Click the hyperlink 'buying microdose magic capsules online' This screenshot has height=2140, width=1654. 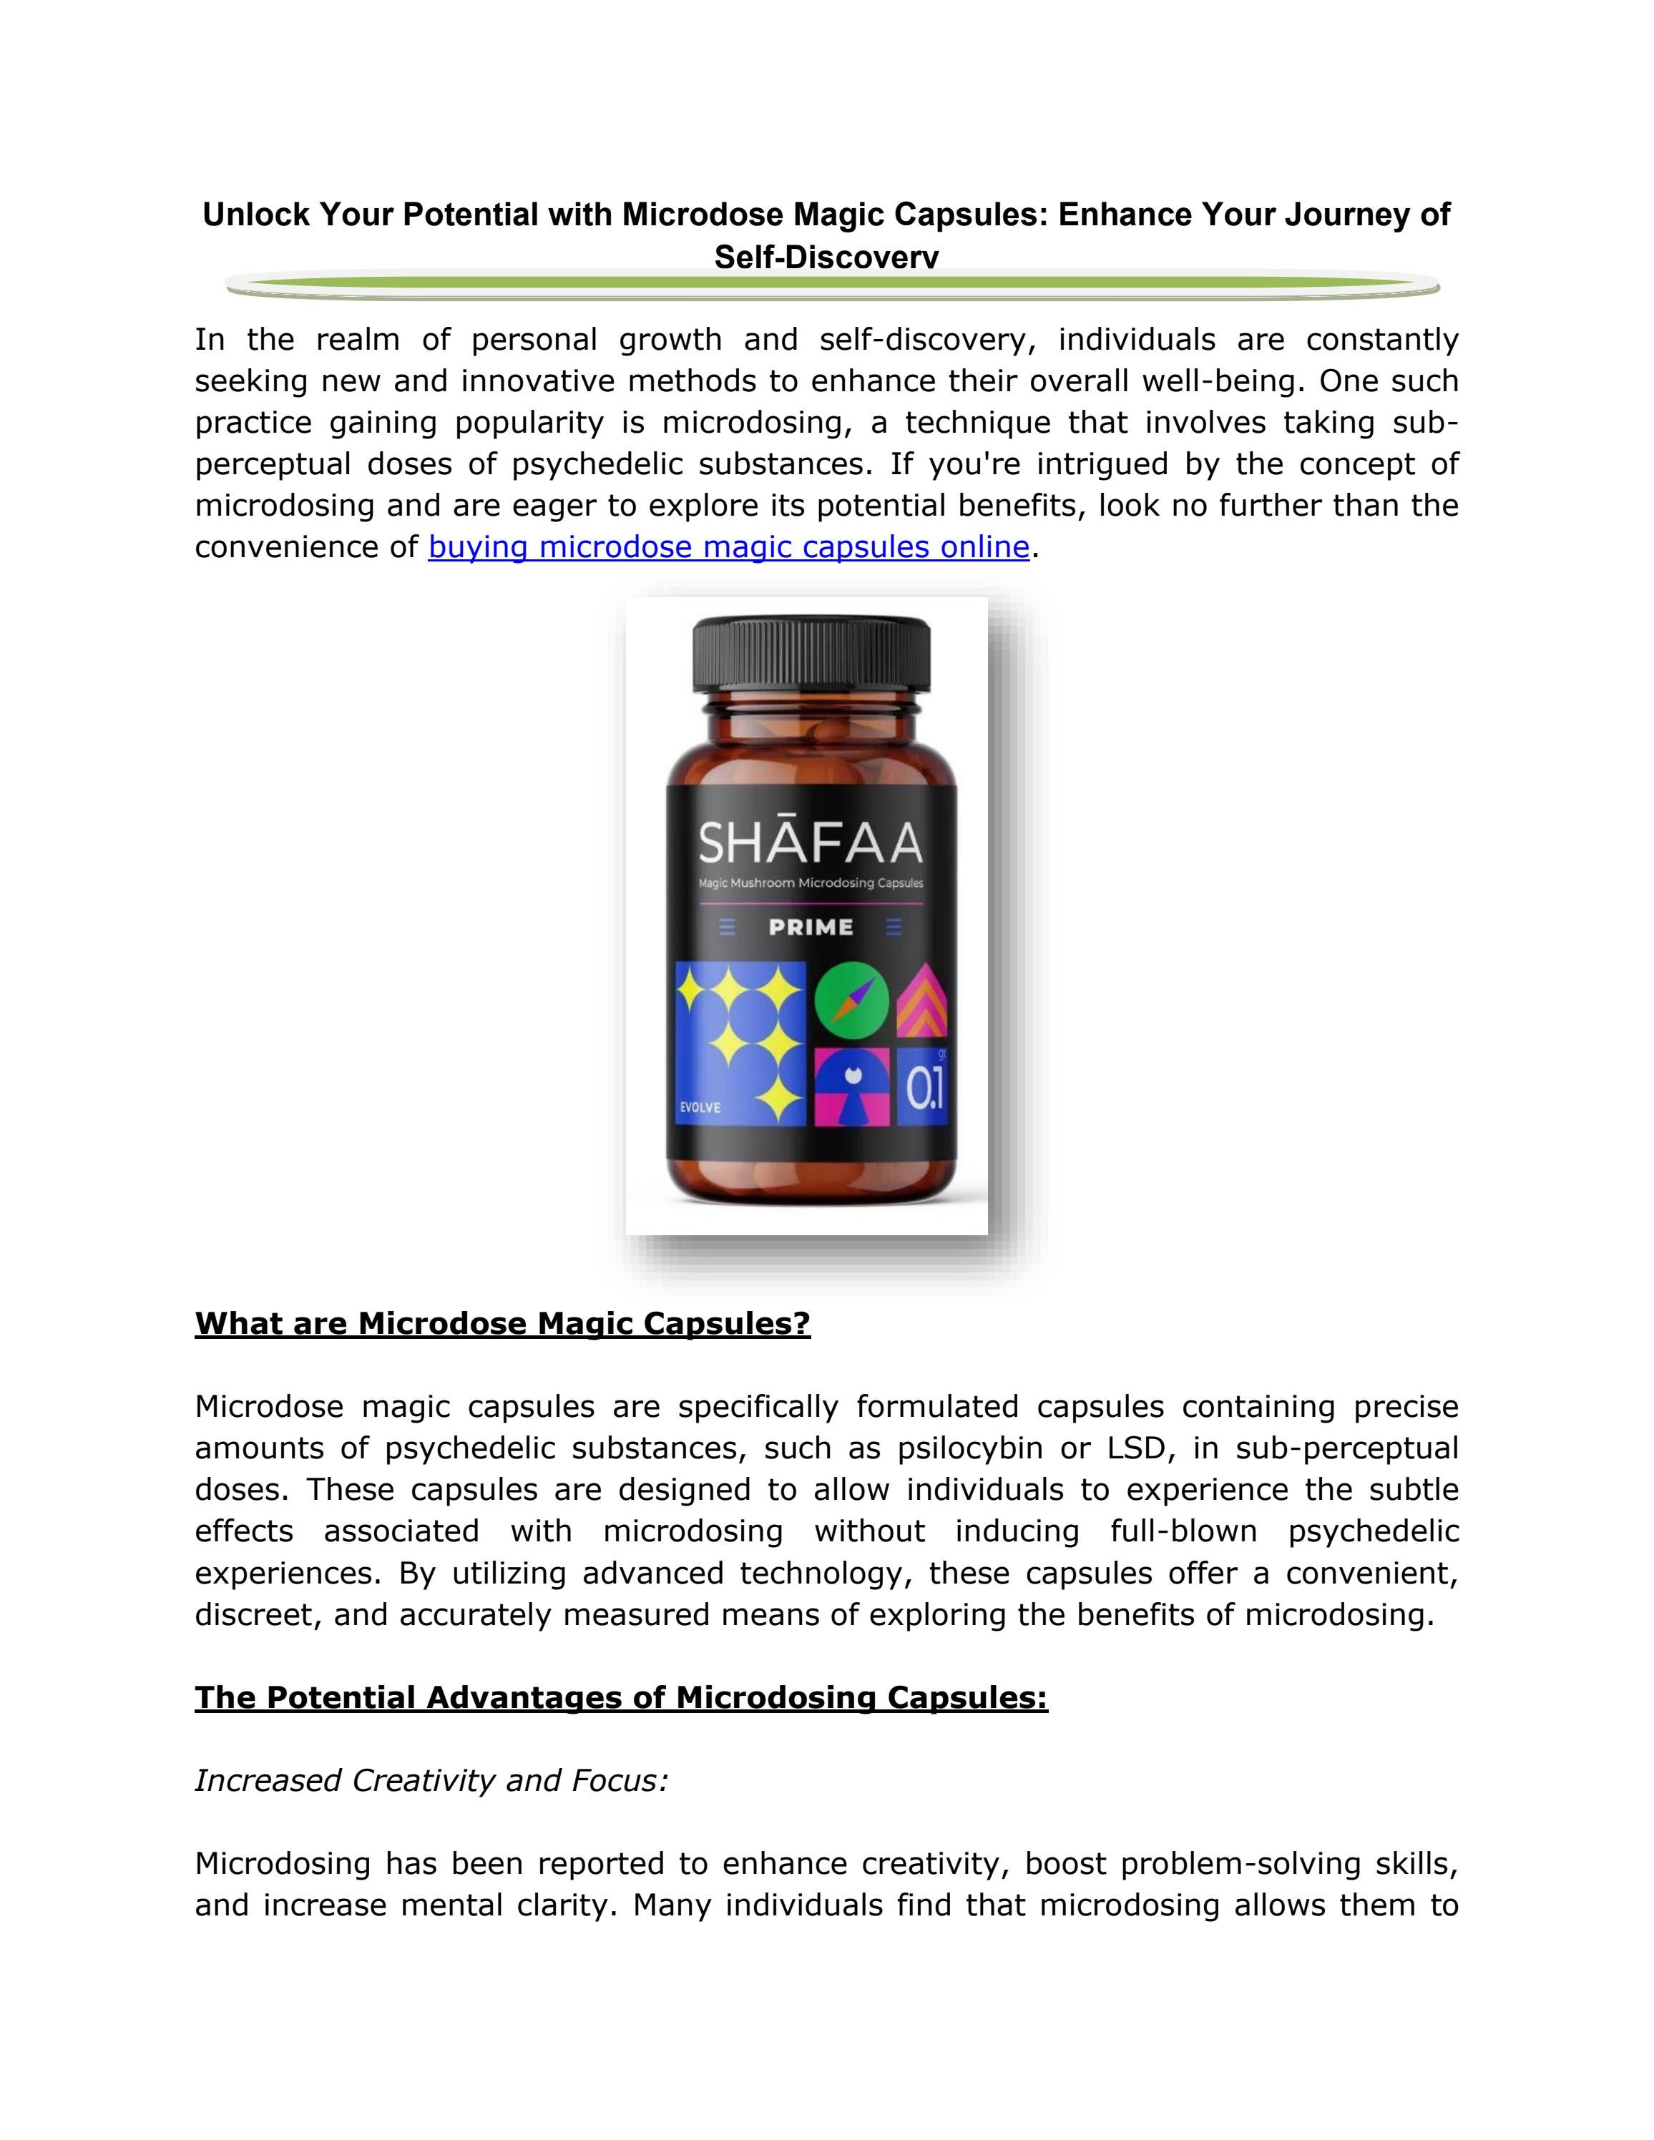point(728,546)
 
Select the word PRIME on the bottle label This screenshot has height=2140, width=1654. point(811,927)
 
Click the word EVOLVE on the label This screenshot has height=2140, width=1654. point(700,1107)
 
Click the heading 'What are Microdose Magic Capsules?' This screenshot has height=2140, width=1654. point(503,1324)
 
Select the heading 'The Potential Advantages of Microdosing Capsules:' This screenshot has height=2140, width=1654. point(621,1697)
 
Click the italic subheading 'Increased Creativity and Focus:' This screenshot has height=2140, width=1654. point(431,1780)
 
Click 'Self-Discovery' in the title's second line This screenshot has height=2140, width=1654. point(826,257)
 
